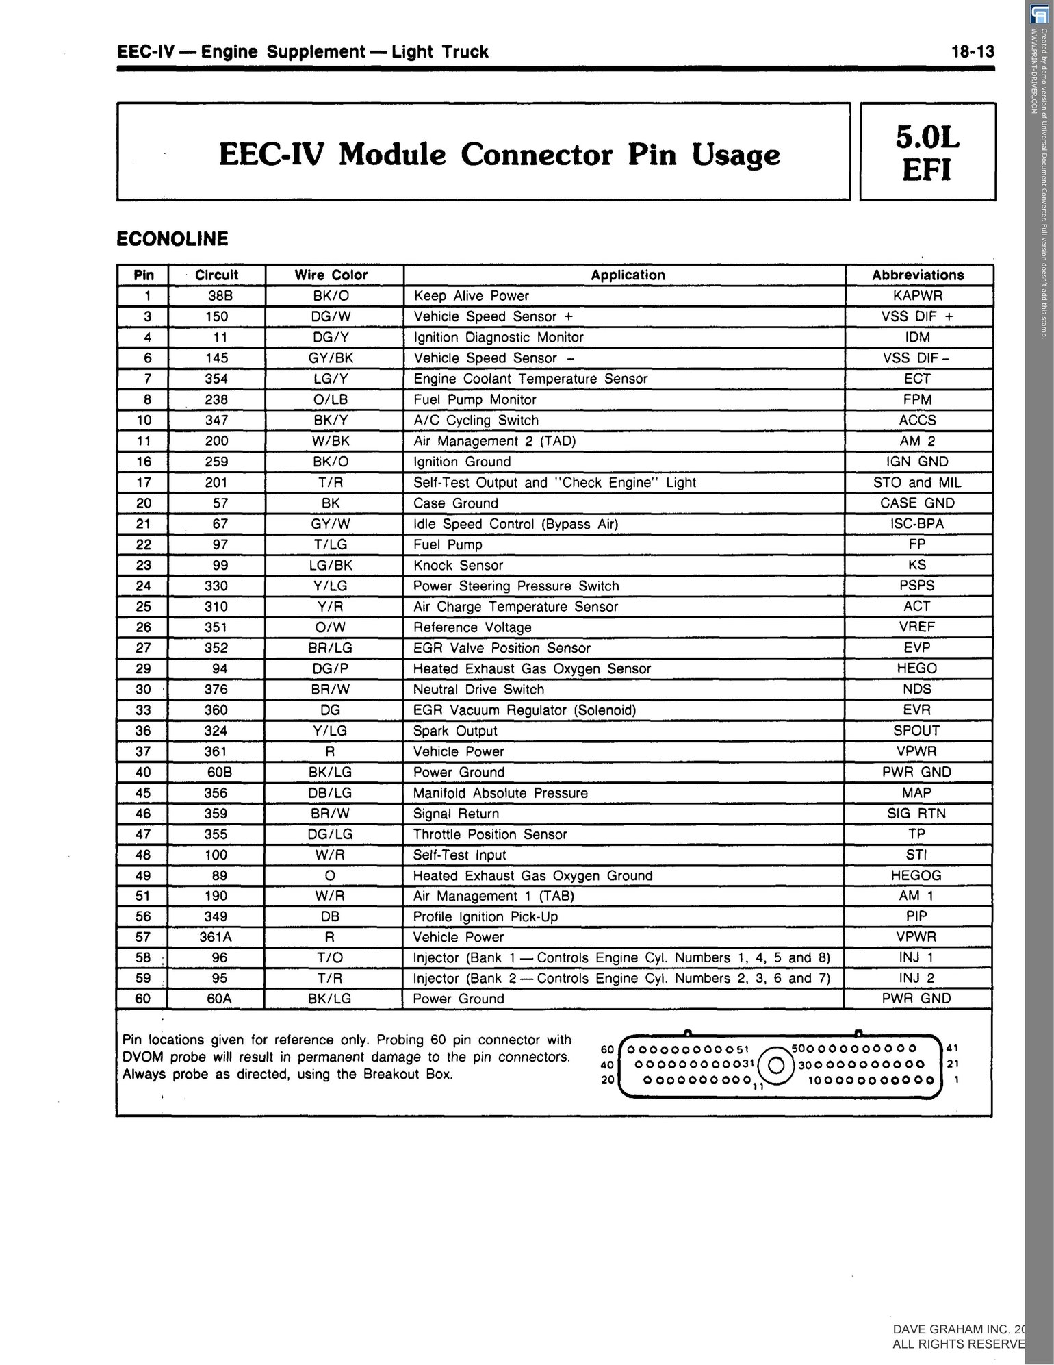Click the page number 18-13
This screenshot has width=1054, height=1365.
(972, 52)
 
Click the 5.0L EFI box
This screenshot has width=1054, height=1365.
(927, 151)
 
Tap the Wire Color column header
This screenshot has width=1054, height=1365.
(331, 275)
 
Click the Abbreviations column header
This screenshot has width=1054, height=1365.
(918, 275)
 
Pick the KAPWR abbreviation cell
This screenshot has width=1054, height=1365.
(918, 296)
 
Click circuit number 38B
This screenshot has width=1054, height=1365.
(216, 296)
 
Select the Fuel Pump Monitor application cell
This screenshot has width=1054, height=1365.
(475, 399)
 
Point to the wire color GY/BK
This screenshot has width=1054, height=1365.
(331, 358)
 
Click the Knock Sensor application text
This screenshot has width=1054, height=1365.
(458, 566)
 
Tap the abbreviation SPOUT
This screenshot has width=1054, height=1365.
(917, 731)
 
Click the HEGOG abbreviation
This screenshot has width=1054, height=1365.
(916, 875)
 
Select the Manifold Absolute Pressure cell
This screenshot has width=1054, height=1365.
(500, 793)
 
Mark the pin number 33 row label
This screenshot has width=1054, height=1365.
(143, 710)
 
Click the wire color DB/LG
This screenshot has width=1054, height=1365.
(331, 793)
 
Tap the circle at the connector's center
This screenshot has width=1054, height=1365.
(777, 1065)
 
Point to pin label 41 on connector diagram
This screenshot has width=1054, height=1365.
(953, 1048)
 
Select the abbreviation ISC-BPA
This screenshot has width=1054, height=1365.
(917, 524)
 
